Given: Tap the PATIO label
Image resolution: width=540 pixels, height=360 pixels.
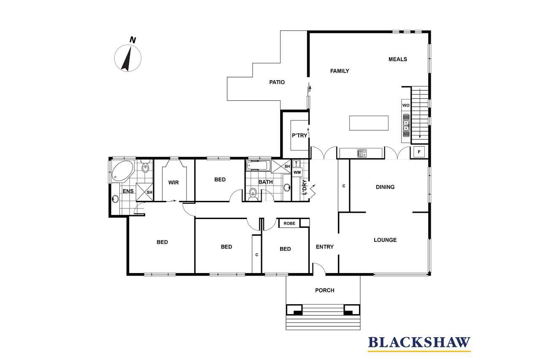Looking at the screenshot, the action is coord(277,82).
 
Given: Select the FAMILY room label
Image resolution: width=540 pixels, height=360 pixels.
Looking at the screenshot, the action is coord(340,71).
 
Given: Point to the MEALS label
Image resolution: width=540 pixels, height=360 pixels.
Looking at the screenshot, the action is coord(398,59).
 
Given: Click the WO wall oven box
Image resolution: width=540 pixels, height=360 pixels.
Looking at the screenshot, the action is coord(406,106).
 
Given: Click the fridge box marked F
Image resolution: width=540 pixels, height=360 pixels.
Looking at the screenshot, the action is coord(419,152).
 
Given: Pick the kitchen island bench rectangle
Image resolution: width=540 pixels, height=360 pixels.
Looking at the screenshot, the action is coord(369,123).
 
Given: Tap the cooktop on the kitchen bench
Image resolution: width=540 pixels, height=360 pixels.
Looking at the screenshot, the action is coord(362,153).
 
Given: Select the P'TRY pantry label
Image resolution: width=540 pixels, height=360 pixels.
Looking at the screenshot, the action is coord(300,135).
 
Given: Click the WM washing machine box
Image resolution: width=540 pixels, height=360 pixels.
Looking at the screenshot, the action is coord(297,172).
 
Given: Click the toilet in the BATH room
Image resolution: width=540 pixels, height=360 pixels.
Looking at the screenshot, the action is coord(253,194).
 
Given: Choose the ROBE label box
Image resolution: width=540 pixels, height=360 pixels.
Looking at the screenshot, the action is coord(289,223).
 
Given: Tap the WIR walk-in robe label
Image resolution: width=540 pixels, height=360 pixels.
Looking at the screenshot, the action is coord(173,182).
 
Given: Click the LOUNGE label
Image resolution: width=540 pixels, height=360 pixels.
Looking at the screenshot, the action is coord(385,240).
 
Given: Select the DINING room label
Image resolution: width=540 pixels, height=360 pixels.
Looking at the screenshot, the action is coord(385,187).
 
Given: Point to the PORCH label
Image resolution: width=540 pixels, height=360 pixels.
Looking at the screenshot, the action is coord(325,290).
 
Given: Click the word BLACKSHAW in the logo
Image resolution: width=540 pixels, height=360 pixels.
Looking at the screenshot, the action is coord(419,343).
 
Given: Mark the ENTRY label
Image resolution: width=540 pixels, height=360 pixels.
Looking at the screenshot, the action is coord(325,246).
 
